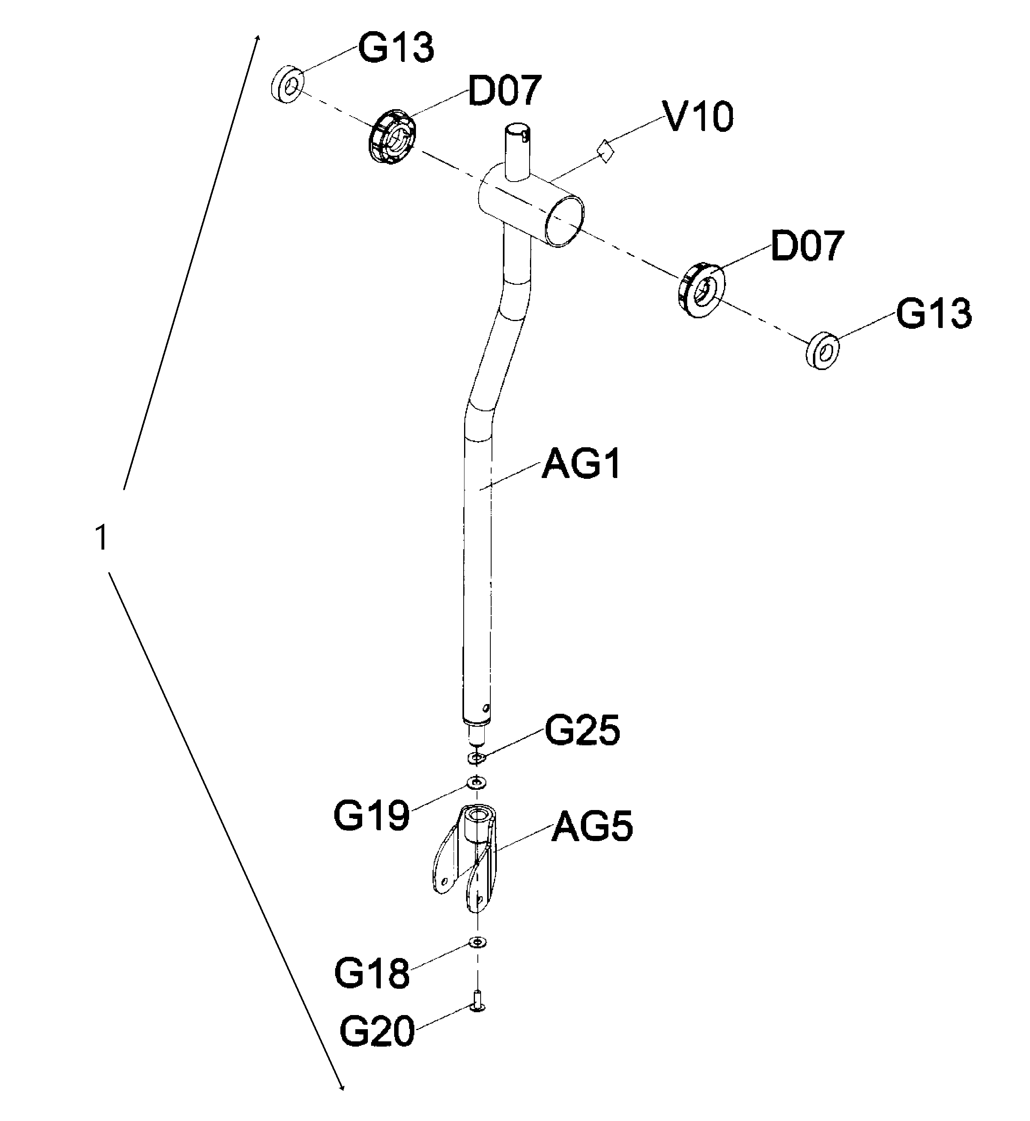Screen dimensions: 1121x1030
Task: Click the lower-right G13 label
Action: click(933, 314)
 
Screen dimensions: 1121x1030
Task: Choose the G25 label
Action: click(582, 730)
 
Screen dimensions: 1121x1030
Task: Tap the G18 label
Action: click(372, 973)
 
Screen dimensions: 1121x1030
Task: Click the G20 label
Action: click(377, 1031)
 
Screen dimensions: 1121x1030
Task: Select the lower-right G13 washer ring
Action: click(823, 351)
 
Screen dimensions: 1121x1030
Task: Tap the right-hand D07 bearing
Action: click(701, 290)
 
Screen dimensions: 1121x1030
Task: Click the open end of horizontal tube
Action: click(565, 220)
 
